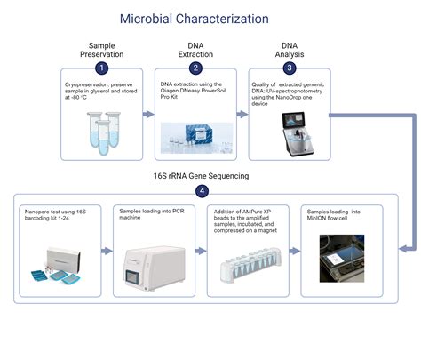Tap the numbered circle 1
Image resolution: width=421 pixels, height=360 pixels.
pos(102,68)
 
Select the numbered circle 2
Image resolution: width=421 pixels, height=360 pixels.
pos(194,68)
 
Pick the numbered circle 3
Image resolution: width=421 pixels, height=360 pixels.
pos(289,68)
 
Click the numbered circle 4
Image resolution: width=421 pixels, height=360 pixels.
pos(203,189)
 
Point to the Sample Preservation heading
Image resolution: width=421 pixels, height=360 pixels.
pos(102,50)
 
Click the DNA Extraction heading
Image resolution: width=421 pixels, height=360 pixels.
pos(194,50)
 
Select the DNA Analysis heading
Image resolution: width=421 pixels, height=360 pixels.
pos(289,50)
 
